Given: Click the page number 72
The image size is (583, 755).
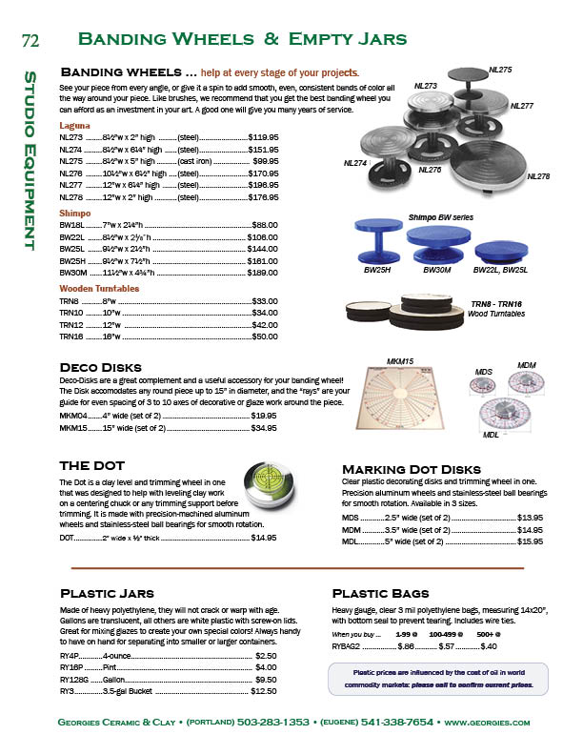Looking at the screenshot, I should (x=29, y=40).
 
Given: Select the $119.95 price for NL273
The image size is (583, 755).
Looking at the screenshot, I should (x=263, y=137).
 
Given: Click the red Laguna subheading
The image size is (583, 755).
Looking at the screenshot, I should (x=75, y=125).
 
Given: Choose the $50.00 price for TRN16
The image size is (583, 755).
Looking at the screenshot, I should (x=264, y=337).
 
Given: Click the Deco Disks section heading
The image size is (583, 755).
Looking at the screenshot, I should (x=100, y=367).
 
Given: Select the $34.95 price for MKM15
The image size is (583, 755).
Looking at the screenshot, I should (x=264, y=428).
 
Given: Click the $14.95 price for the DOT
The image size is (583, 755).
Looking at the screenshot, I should (x=264, y=538).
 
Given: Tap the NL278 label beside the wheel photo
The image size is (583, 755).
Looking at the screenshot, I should (x=537, y=176).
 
